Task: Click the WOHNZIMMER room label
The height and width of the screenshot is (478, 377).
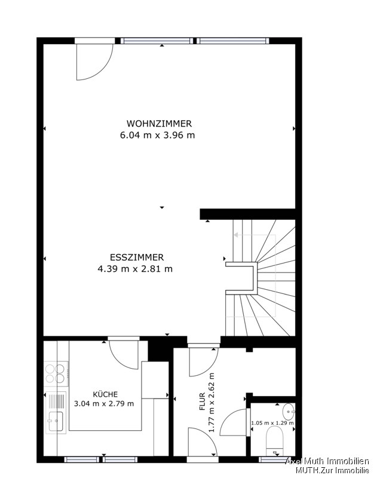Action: coord(159,124)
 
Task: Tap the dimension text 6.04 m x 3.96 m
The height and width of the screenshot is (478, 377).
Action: coord(157,135)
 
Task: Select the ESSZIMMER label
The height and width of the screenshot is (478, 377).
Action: coord(137,258)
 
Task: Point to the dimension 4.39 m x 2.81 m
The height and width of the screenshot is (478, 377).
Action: coord(135,269)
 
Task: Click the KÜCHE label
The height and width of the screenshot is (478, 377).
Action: coord(105,394)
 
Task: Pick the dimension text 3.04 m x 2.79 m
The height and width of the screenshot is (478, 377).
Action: coord(104,404)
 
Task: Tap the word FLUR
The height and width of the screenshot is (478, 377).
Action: coord(202,402)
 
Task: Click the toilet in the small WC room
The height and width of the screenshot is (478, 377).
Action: coord(274,441)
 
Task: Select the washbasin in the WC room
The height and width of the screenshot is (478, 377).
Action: coord(289,412)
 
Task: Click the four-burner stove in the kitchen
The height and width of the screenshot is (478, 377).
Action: coord(56,374)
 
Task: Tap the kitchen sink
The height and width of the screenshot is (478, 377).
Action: coord(56,412)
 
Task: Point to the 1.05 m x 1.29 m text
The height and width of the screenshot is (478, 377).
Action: coord(272,423)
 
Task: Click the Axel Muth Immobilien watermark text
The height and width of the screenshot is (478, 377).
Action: coord(327,461)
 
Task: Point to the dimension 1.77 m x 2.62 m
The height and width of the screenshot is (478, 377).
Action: coord(212,402)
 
